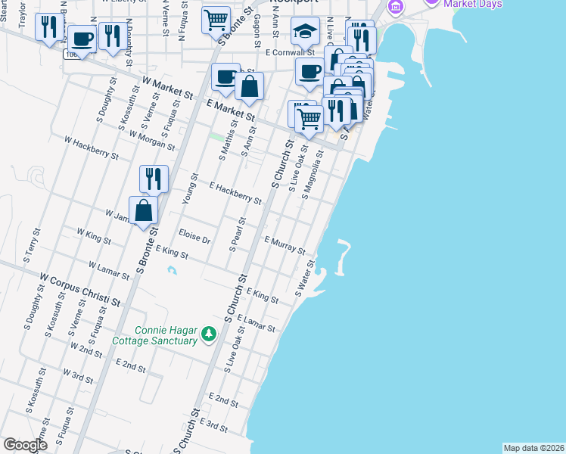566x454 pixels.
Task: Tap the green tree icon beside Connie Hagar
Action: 208,334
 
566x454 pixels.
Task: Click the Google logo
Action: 25,445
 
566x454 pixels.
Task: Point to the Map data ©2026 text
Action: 533,448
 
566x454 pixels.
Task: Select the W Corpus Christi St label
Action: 81,291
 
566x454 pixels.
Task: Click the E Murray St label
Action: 285,245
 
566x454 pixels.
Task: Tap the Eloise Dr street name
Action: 194,237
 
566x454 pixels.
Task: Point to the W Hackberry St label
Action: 91,148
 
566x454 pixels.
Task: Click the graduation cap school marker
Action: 304,32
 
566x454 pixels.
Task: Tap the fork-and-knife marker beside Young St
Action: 154,179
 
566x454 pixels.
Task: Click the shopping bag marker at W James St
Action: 144,211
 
